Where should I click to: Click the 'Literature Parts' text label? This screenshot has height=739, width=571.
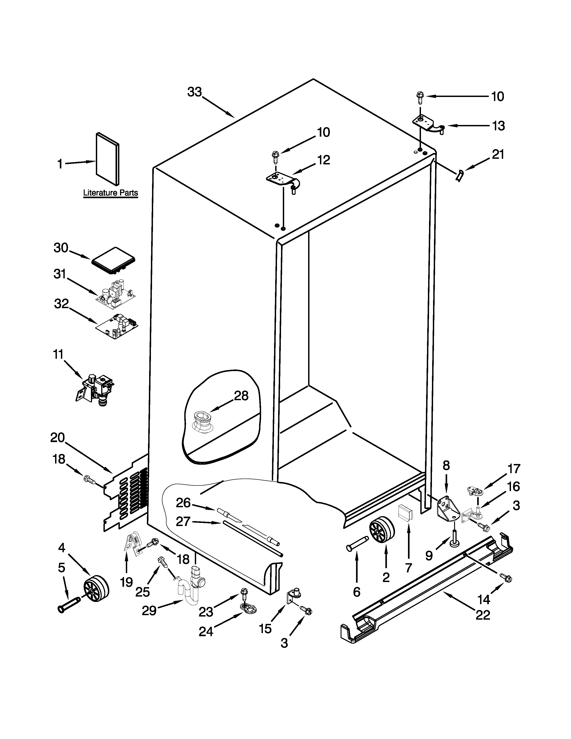[111, 193]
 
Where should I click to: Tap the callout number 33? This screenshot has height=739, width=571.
[195, 92]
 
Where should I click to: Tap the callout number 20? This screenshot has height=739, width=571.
[58, 438]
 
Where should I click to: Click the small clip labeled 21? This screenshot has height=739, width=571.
[459, 176]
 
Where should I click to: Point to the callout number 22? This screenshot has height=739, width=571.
[483, 615]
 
